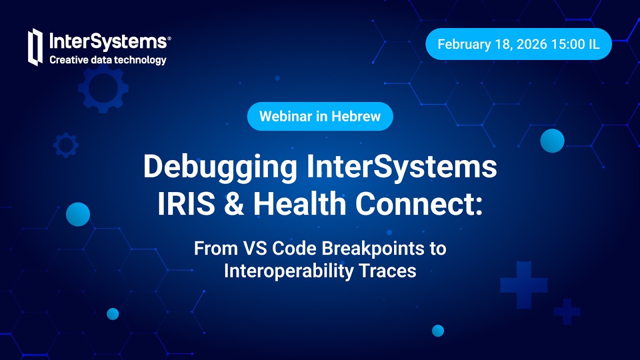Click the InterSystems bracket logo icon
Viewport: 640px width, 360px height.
click(x=35, y=47)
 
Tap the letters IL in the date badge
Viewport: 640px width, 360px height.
click(x=593, y=44)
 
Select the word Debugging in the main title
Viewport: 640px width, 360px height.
click(x=220, y=167)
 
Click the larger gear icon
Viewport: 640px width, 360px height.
click(x=103, y=87)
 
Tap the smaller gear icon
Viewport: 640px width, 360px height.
click(x=66, y=145)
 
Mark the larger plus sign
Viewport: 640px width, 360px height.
click(x=523, y=284)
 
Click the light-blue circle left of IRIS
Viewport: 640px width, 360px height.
click(x=78, y=214)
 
